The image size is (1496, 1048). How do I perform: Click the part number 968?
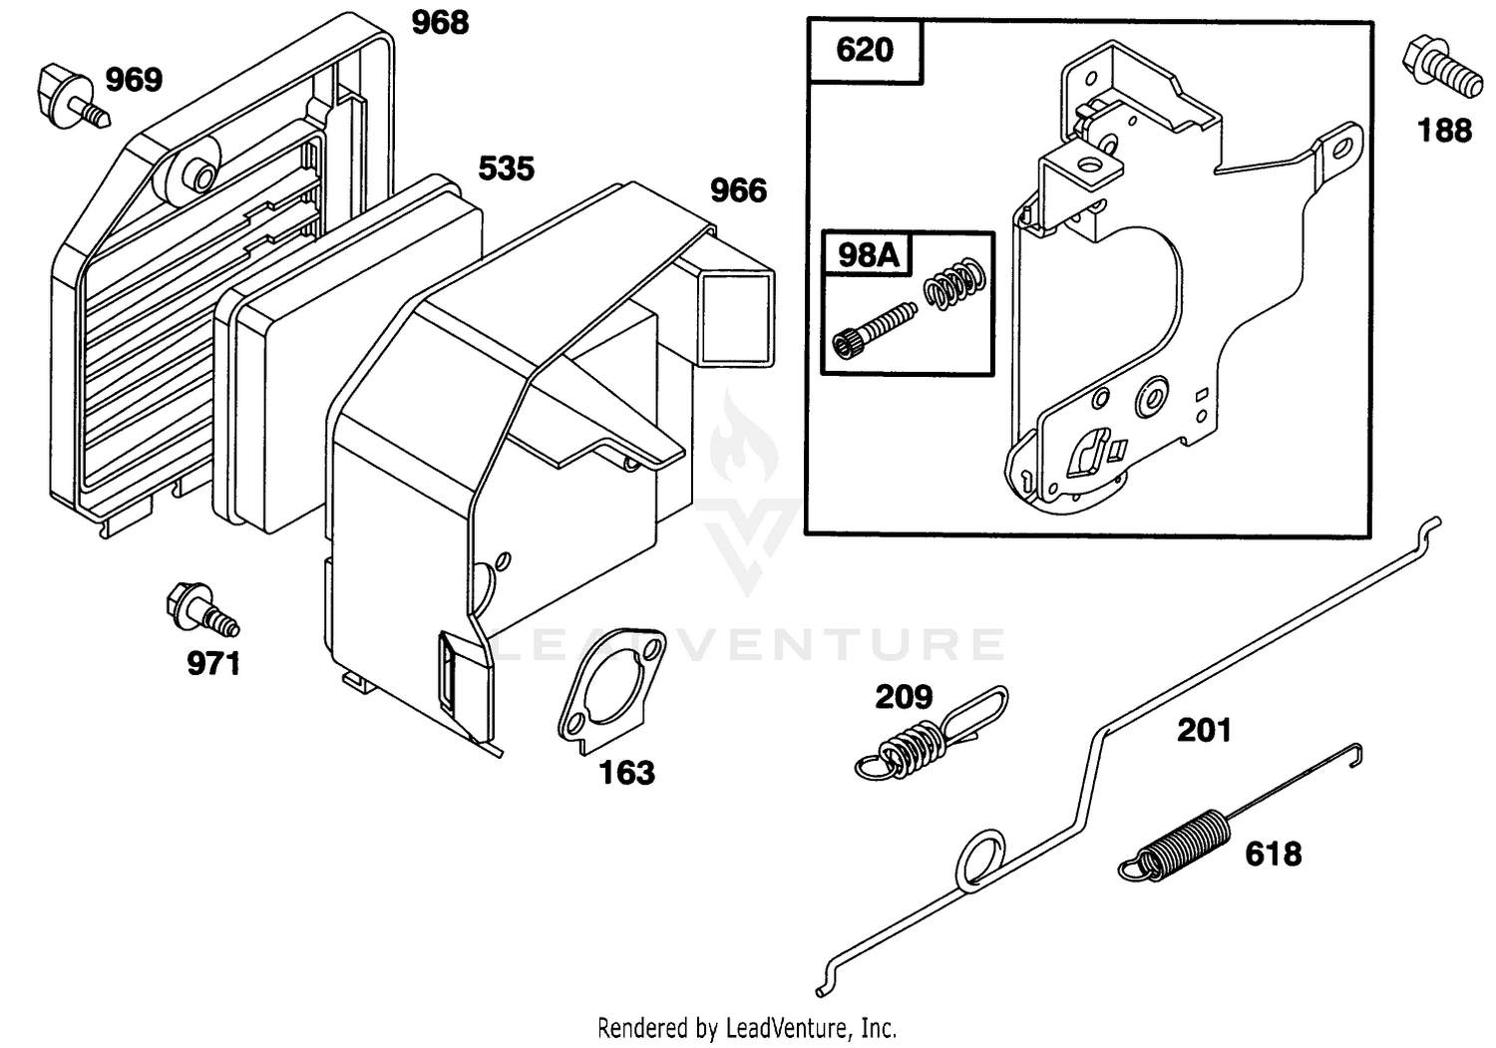point(440,23)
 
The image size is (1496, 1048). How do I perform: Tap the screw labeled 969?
point(72,98)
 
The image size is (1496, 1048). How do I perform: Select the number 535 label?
point(507,169)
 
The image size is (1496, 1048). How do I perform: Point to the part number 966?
point(738,191)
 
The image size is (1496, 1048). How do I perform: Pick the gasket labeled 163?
point(611,691)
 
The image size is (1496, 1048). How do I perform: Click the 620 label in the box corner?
point(865,50)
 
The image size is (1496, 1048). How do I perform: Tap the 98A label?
point(869,254)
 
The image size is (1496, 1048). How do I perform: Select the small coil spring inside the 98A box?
point(954,283)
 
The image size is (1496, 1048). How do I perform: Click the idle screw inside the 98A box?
point(875,329)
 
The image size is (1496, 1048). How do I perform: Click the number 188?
point(1444,131)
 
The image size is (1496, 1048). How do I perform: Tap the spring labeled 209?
point(931,733)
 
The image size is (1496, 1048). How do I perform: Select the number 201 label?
point(1204,731)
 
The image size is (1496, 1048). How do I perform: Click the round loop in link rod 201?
point(980,862)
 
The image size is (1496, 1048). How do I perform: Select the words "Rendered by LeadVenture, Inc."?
point(747,1028)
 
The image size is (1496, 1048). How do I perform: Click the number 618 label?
point(1274,855)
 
